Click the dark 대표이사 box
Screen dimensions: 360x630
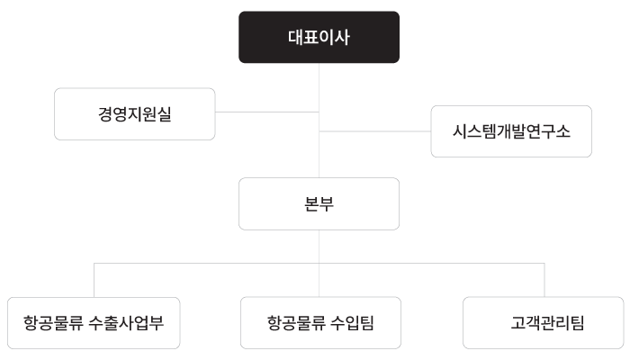pyautogui.click(x=319, y=37)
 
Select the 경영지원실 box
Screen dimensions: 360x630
pyautogui.click(x=135, y=113)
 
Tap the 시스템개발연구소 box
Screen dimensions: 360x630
pyautogui.click(x=511, y=131)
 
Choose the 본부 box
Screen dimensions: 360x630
pyautogui.click(x=319, y=203)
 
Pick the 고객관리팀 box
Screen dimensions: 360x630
pyautogui.click(x=544, y=322)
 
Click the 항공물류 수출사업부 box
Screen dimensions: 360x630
pyautogui.click(x=94, y=322)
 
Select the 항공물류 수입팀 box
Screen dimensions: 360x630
pyautogui.click(x=319, y=322)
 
